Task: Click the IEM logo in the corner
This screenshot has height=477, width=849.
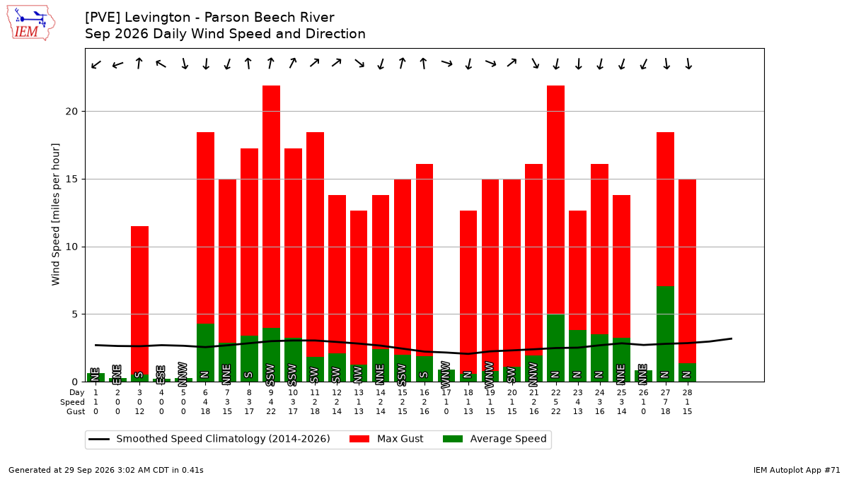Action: click(31, 23)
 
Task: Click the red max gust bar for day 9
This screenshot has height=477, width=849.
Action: click(272, 206)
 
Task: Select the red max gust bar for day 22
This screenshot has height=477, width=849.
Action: click(555, 200)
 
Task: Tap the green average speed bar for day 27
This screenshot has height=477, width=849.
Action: click(665, 334)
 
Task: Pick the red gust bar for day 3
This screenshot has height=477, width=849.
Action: click(139, 300)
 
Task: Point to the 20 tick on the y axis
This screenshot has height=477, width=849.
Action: click(71, 112)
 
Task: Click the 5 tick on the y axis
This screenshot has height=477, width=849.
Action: click(75, 314)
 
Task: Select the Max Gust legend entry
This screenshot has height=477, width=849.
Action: click(386, 439)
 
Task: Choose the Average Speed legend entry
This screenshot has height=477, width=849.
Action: click(495, 439)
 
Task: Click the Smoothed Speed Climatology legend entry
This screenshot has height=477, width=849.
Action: click(209, 439)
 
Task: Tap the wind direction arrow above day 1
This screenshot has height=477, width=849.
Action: click(96, 64)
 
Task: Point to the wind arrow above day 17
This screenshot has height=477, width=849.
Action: click(447, 63)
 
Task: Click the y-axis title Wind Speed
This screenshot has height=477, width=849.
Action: click(56, 214)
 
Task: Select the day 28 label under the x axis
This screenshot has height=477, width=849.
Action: click(687, 393)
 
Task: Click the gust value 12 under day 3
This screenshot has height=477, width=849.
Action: click(139, 411)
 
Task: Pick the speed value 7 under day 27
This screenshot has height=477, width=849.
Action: click(665, 402)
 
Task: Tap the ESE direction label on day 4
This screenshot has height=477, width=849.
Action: click(161, 374)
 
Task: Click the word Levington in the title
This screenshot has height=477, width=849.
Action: click(152, 18)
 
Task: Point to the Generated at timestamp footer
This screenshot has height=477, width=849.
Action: click(106, 470)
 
